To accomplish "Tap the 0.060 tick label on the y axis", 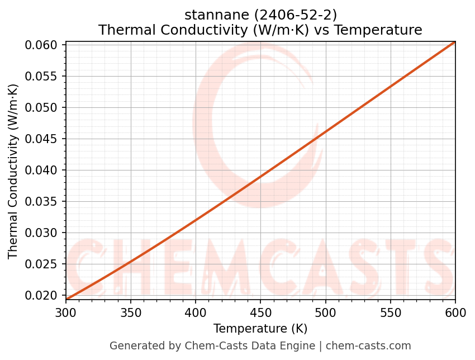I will click(x=43, y=45).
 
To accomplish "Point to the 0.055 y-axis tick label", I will click(x=43, y=76).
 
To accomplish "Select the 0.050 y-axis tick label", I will click(x=43, y=107).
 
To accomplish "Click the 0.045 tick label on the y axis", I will click(x=43, y=139).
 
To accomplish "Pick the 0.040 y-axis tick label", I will click(x=43, y=170).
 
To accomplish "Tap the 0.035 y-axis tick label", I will click(x=43, y=201).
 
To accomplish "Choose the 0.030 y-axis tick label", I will click(x=43, y=233).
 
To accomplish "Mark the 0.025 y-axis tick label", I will click(x=43, y=264).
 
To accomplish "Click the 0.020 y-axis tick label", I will click(x=43, y=295).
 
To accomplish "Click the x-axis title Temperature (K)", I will click(x=260, y=328).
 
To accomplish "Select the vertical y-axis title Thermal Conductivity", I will click(x=13, y=171).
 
